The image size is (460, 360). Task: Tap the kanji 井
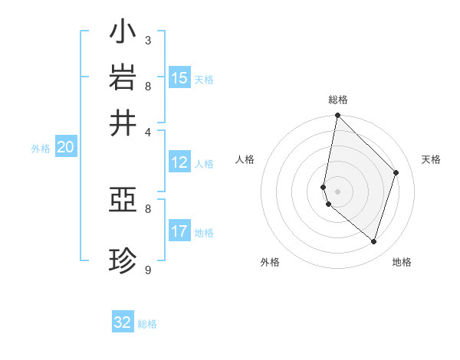pos(123,123)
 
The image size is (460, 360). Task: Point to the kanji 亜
pos(123,201)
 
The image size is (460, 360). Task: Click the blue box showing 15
pos(179,78)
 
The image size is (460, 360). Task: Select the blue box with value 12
pos(179,162)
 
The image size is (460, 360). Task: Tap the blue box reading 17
pos(179,231)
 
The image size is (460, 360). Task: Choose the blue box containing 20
pos(65,148)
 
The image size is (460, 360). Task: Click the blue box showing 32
pos(123,322)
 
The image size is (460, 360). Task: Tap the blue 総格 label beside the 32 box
pos(147,324)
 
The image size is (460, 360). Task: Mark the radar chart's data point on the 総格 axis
pos(337,116)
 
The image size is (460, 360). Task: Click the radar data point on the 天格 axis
pos(396,172)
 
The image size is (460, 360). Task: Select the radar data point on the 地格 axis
pos(373,241)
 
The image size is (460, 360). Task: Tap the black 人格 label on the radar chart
pos(245,159)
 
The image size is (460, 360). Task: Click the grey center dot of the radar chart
pos(337,191)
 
